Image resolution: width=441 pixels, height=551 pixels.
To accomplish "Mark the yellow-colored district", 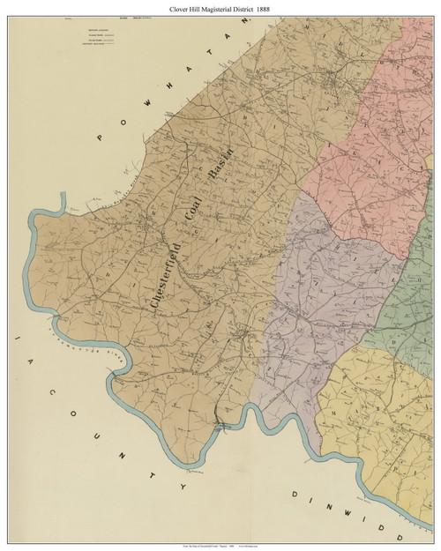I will pyautogui.click(x=379, y=406).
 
